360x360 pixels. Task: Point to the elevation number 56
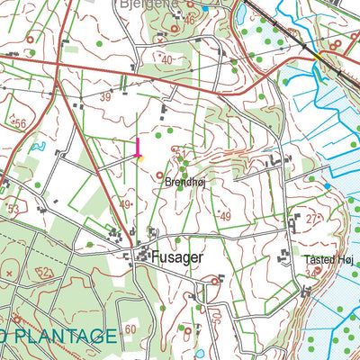click(x=19, y=122)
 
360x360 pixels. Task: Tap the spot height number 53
click(x=13, y=209)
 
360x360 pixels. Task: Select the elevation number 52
click(x=44, y=271)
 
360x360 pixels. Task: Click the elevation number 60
click(x=130, y=329)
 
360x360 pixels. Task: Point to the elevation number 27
click(x=311, y=219)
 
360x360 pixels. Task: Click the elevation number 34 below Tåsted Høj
click(x=311, y=272)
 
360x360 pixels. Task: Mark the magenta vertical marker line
click(x=138, y=148)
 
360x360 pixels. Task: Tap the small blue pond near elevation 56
click(x=37, y=144)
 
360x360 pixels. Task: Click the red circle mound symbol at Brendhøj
click(x=161, y=175)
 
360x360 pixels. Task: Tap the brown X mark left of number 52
click(x=9, y=271)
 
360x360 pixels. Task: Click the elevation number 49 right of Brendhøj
click(x=225, y=216)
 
